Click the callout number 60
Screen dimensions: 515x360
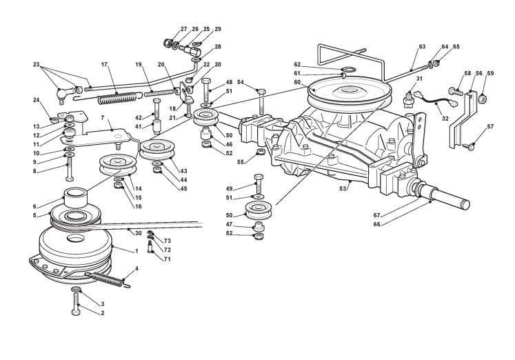[297, 82]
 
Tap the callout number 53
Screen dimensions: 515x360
[343, 188]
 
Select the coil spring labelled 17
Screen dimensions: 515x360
[117, 98]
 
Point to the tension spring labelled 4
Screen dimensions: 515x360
[108, 279]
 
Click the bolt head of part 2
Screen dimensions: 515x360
[76, 312]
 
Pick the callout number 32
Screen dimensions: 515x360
[445, 119]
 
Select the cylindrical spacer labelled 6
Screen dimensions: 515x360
[76, 197]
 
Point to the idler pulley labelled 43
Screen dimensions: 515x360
[157, 150]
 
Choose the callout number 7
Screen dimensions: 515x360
[103, 117]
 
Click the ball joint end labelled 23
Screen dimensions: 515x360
[63, 95]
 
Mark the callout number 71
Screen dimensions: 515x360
[168, 259]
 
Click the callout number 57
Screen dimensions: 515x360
[490, 126]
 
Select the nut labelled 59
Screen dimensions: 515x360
[481, 97]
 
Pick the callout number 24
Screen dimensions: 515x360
[37, 99]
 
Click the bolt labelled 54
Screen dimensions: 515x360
[261, 101]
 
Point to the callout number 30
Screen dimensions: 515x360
[138, 233]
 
